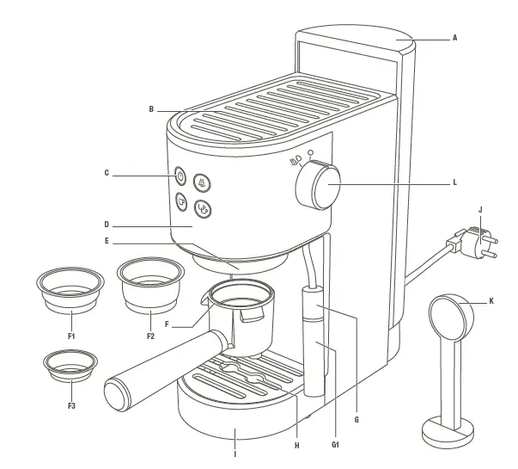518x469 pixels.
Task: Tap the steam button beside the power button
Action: pos(201,182)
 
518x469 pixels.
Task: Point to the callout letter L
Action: pos(454,182)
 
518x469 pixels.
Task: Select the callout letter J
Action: pos(480,208)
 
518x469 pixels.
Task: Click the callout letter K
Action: pos(491,301)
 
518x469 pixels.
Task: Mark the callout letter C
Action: pos(107,173)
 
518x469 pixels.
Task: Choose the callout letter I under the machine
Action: pos(235,454)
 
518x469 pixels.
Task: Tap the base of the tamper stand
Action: pos(447,429)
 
